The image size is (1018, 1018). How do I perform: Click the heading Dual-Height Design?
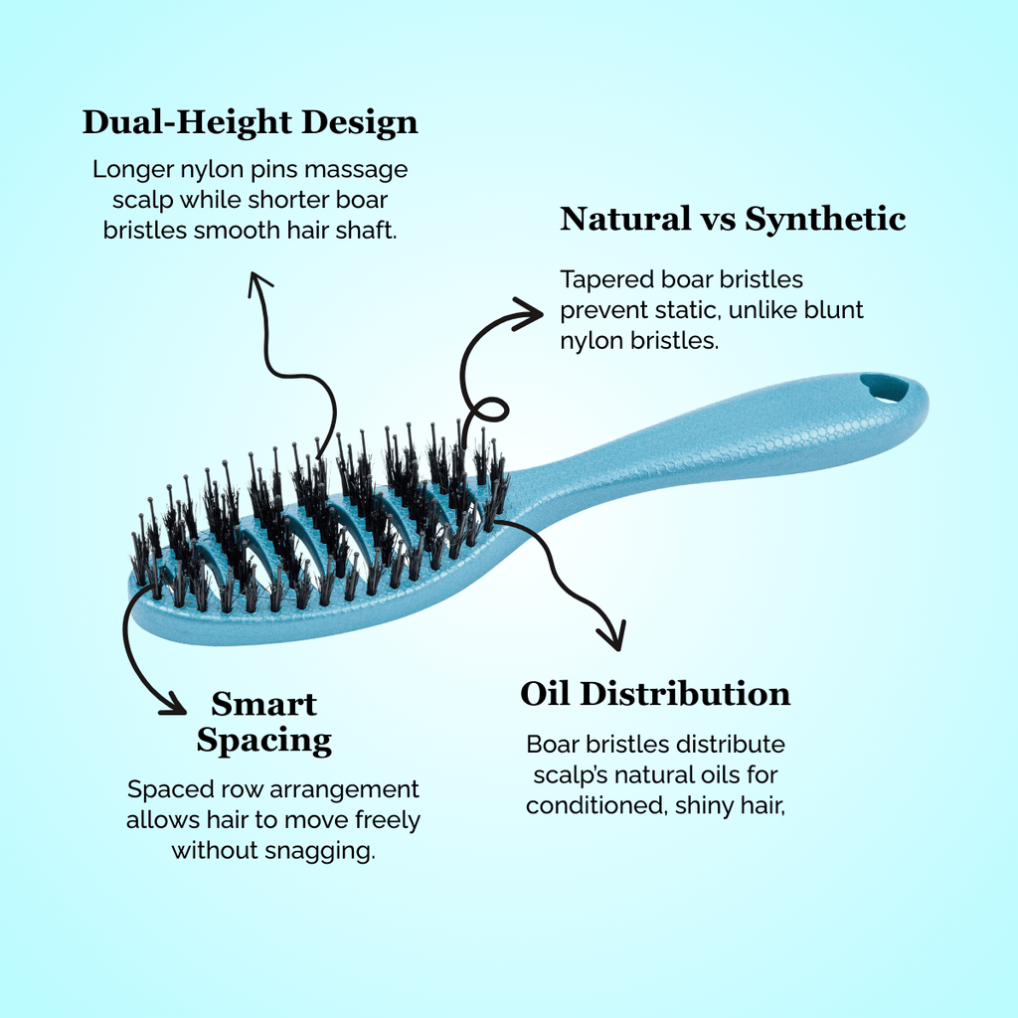(x=250, y=122)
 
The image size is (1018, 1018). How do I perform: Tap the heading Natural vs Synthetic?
(x=733, y=219)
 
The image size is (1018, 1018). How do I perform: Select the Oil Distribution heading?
(x=655, y=694)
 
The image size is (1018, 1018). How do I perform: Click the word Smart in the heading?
(x=263, y=704)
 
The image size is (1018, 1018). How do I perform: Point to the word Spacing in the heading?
(x=263, y=740)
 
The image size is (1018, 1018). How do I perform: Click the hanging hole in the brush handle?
(x=884, y=388)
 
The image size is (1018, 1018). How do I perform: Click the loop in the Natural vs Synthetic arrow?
(x=489, y=410)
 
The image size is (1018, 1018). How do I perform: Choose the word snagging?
(x=329, y=852)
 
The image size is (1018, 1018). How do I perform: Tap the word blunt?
(x=835, y=310)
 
